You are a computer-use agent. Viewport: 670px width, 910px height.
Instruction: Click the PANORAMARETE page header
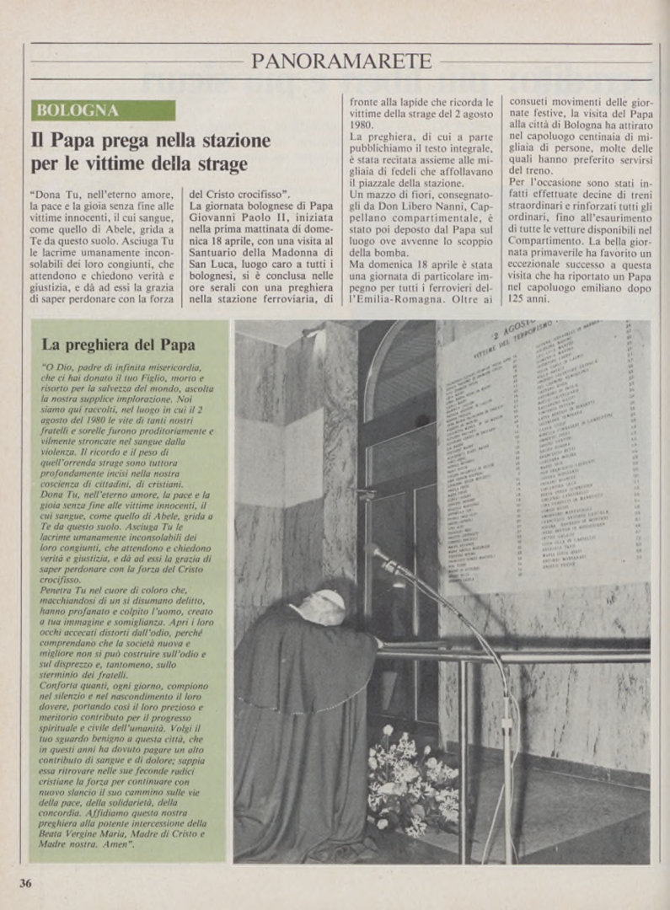[341, 62]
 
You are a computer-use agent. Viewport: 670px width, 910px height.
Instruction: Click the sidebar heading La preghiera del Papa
[118, 344]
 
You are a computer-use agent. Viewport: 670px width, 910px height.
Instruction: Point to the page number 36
[26, 883]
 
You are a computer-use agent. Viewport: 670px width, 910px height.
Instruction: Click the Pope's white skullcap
[330, 600]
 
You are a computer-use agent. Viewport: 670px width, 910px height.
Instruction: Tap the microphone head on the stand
[379, 554]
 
